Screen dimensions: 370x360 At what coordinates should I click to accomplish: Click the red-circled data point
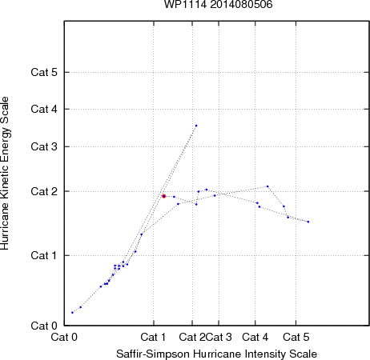click(x=164, y=196)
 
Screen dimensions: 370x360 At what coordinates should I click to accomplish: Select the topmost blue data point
click(x=196, y=126)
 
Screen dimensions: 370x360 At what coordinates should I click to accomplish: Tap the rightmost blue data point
click(x=308, y=222)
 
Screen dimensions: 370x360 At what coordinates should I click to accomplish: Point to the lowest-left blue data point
click(x=72, y=313)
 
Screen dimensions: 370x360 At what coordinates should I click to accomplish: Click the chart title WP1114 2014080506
click(x=218, y=5)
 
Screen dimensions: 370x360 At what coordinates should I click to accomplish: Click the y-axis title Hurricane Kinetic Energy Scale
click(x=5, y=174)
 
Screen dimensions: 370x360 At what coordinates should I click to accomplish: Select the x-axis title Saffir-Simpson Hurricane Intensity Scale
click(x=216, y=354)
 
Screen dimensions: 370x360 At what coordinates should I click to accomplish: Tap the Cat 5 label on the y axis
click(x=44, y=72)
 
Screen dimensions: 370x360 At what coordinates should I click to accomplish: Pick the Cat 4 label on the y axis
click(x=44, y=109)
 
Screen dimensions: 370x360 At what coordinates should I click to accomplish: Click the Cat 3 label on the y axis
click(x=44, y=146)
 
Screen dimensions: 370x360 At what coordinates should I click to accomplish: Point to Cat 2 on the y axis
click(x=44, y=191)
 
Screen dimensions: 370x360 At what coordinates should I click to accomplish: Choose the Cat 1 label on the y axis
click(x=44, y=255)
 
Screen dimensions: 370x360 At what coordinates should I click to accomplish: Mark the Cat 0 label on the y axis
click(x=44, y=326)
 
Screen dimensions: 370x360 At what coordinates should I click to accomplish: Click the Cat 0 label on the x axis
click(x=64, y=337)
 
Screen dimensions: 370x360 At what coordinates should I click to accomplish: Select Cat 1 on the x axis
click(x=153, y=337)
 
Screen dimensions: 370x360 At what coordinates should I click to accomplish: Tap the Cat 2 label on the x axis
click(x=192, y=337)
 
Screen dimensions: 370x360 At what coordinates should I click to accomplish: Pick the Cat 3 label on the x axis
click(x=219, y=337)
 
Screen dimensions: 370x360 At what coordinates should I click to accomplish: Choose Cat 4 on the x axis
click(x=255, y=337)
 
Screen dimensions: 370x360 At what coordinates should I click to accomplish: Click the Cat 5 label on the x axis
click(x=296, y=337)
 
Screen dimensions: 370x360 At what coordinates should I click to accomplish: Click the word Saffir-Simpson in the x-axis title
click(x=153, y=354)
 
